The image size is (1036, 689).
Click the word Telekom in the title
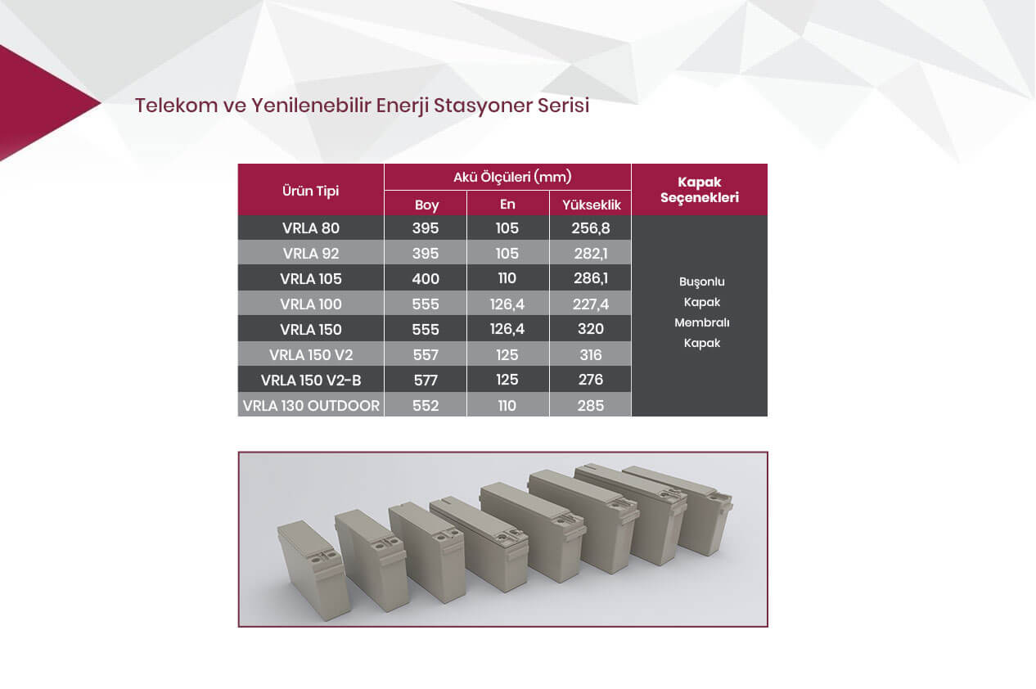(176, 106)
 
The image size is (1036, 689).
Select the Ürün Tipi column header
(310, 191)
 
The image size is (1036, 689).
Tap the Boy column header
(426, 205)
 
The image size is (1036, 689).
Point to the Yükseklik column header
(591, 205)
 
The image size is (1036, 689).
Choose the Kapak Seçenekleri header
(700, 190)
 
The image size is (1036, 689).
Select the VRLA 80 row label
(311, 228)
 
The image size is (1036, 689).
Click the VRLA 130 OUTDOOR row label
(311, 406)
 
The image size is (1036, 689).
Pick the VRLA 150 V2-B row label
(311, 381)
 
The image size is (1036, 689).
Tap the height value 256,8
(590, 228)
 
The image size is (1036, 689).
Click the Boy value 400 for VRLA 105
(426, 279)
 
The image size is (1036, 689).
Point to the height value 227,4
(590, 304)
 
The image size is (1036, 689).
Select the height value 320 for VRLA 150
(590, 329)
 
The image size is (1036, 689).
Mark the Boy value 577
(426, 381)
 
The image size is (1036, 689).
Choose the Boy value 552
(426, 406)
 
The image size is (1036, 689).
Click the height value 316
(590, 354)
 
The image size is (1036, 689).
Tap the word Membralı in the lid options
(701, 322)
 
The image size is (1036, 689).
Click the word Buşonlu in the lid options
(701, 282)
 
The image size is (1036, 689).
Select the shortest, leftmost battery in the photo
(314, 570)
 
